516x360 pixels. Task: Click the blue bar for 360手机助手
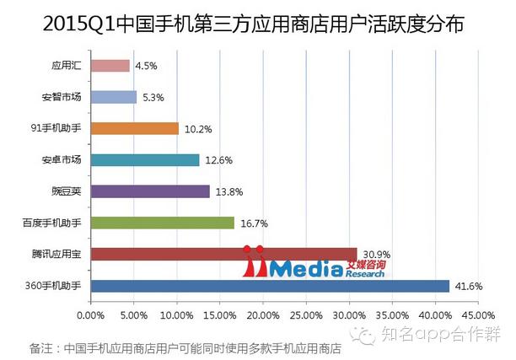(x=270, y=286)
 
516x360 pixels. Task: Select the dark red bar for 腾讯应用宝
(x=223, y=254)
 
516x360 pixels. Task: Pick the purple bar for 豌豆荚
(x=149, y=191)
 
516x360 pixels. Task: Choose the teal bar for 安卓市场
(x=144, y=160)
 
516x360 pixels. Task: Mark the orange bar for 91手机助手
(x=134, y=128)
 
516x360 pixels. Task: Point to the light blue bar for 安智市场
(x=113, y=97)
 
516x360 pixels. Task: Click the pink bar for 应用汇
(x=110, y=66)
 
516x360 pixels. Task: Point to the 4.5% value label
(x=146, y=66)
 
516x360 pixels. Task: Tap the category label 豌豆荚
(x=67, y=191)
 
